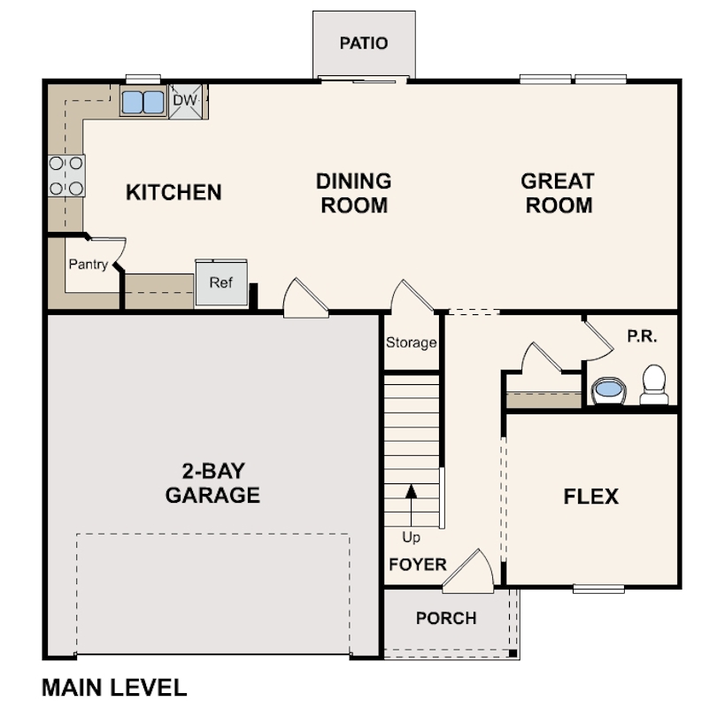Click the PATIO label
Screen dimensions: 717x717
[364, 43]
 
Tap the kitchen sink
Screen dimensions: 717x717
[143, 103]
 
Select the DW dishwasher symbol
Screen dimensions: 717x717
[185, 101]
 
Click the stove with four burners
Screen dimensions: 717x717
[66, 175]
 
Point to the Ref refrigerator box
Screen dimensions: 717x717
[220, 283]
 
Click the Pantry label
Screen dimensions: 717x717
[89, 264]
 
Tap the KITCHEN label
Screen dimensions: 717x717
[173, 192]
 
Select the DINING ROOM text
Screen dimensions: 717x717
[353, 193]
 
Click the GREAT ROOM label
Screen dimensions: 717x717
[557, 193]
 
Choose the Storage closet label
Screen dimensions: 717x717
[411, 343]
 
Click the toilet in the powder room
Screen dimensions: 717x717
[654, 384]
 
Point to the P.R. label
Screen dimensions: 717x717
[641, 337]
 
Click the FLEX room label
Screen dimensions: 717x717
[590, 497]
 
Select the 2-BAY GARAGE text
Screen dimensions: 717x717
[212, 482]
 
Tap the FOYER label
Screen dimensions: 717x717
[417, 565]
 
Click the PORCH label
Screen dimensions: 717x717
[446, 618]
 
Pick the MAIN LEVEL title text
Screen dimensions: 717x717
[114, 687]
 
